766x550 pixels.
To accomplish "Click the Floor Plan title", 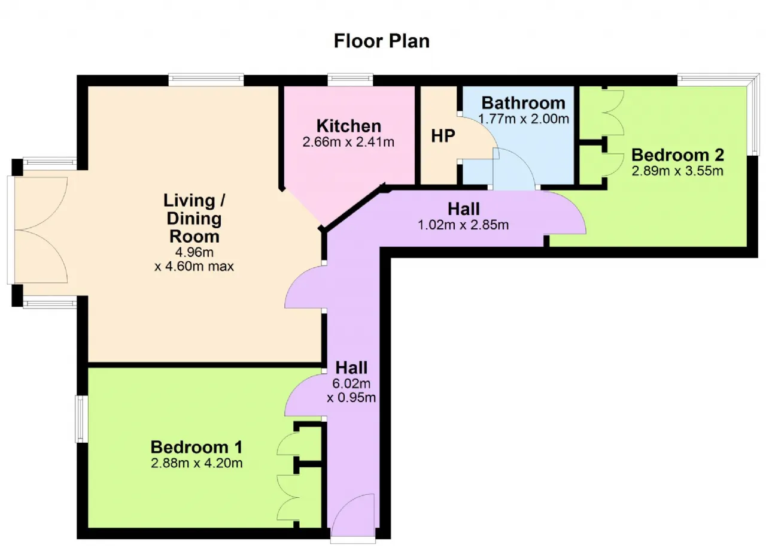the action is pyautogui.click(x=381, y=41).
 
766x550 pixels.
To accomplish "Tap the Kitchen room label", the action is pyautogui.click(x=348, y=126).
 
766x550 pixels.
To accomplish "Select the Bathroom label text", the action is pyautogui.click(x=523, y=102).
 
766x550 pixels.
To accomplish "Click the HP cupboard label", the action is pyautogui.click(x=443, y=136).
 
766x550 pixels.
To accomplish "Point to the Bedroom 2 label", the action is pyautogui.click(x=677, y=155).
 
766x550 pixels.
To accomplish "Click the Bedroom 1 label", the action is pyautogui.click(x=197, y=447).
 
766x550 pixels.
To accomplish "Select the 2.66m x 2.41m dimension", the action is pyautogui.click(x=348, y=142).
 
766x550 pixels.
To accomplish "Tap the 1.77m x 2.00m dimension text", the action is pyautogui.click(x=523, y=119).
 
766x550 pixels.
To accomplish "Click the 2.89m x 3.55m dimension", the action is pyautogui.click(x=677, y=171).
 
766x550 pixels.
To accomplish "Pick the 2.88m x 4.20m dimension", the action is pyautogui.click(x=197, y=463).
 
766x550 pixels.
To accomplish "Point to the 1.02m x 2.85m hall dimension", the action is pyautogui.click(x=463, y=225).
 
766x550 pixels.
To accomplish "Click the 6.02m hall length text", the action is pyautogui.click(x=351, y=383).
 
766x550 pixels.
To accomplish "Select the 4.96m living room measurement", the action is pyautogui.click(x=194, y=252).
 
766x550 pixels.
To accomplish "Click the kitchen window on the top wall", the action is pyautogui.click(x=350, y=80).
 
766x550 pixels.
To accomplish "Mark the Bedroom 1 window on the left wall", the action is pyautogui.click(x=81, y=419).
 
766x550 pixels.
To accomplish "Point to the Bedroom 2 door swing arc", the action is pyautogui.click(x=574, y=209).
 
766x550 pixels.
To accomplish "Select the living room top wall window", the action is pyautogui.click(x=206, y=80).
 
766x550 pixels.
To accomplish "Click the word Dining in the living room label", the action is pyautogui.click(x=194, y=219).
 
